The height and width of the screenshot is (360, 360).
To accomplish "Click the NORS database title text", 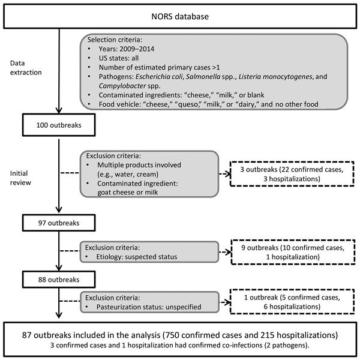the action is (x=180, y=17).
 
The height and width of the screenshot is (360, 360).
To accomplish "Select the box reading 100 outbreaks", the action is (x=59, y=125).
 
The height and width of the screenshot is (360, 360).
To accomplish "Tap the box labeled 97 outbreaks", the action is (x=59, y=223).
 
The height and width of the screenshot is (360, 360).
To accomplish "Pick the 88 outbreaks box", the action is (x=59, y=280).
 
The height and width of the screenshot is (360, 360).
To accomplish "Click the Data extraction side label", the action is (x=26, y=68).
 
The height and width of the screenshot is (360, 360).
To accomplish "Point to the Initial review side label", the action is (x=20, y=178).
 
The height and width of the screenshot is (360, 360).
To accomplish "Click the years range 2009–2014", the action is (x=137, y=49).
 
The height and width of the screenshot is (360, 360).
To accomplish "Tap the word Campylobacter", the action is (x=122, y=86).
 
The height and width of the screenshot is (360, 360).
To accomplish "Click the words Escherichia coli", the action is (x=160, y=76).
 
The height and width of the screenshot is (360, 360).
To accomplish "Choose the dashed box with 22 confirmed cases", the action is (x=292, y=174).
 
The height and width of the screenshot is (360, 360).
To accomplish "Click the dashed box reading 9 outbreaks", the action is (x=293, y=252).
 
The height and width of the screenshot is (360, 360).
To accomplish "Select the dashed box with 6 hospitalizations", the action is (x=292, y=302).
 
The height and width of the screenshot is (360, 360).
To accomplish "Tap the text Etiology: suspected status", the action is (x=137, y=257).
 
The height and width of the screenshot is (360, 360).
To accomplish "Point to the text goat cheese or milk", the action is (x=128, y=192).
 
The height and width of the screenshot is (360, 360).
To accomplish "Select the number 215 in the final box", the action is (x=267, y=335).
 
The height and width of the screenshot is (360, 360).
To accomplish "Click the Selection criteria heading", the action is (x=115, y=40).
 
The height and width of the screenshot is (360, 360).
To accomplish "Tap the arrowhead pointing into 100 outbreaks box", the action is (x=59, y=110).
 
